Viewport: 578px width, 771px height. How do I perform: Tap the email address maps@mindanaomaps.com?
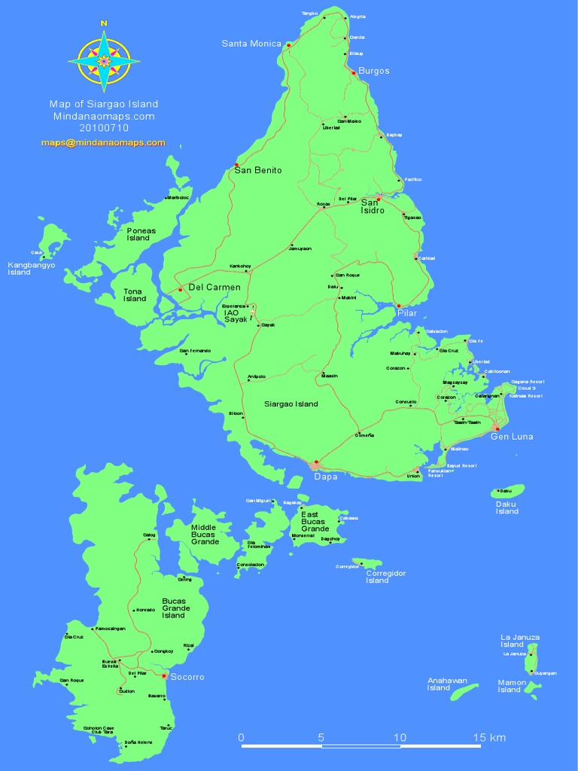tap(103, 142)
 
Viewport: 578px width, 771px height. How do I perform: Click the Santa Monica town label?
tap(251, 44)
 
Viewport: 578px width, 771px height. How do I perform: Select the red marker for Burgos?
tap(354, 72)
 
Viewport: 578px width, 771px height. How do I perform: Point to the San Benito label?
tap(257, 170)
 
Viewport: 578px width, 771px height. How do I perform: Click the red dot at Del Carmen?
tap(180, 290)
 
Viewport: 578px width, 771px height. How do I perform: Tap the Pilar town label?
tap(406, 313)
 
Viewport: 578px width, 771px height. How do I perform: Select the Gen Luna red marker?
tap(497, 429)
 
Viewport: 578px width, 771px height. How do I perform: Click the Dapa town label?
tap(325, 476)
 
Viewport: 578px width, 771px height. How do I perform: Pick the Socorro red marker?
tap(164, 675)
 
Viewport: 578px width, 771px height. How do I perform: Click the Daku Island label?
tap(507, 507)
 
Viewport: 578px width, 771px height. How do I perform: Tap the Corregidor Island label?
tap(387, 577)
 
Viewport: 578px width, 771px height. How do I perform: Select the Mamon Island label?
tap(509, 686)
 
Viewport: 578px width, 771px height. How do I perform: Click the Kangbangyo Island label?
tap(30, 268)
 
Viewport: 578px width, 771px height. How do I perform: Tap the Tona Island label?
tap(135, 294)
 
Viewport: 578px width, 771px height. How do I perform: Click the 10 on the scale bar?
tap(400, 737)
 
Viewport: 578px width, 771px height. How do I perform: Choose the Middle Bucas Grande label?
tap(205, 535)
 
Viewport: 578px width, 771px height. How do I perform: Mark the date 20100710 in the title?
tap(103, 128)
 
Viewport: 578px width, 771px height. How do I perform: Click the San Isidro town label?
tap(373, 206)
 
